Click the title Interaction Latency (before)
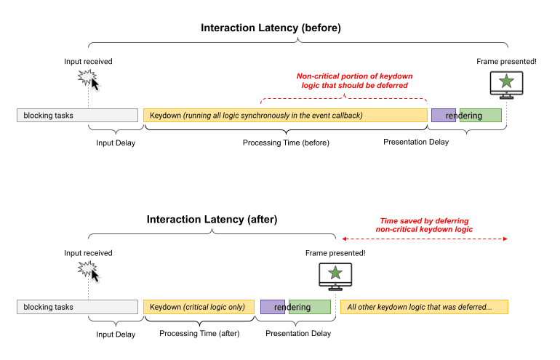271,28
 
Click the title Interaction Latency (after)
212,219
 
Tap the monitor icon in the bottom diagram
335,276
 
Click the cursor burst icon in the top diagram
89,79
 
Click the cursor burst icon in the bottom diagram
89,270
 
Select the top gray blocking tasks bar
77,115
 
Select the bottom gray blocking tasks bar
77,307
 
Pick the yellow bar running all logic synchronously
285,115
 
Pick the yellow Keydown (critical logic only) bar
199,307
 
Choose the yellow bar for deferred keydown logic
424,307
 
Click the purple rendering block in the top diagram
443,115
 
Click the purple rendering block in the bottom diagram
272,307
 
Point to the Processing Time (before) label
286,143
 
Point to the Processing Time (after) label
199,333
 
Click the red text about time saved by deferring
424,225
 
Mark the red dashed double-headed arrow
424,239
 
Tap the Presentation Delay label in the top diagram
416,142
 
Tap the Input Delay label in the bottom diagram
116,334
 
